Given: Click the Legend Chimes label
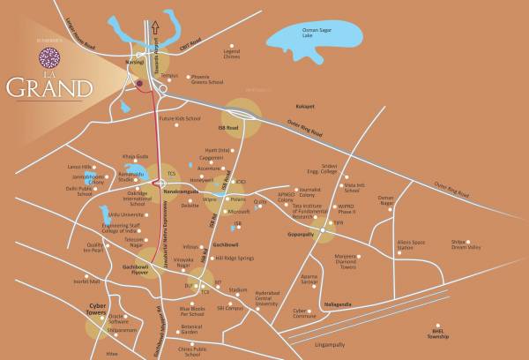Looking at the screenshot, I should click(232, 56).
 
